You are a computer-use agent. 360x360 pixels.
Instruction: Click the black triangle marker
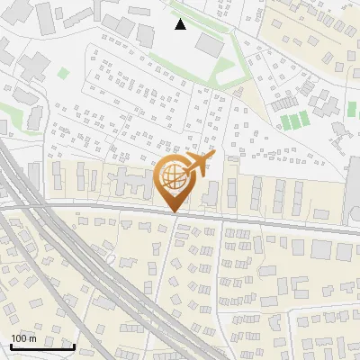[x=181, y=24]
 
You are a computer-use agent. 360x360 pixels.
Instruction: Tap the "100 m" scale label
[x=23, y=338]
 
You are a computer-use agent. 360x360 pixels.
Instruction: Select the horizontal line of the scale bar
[x=41, y=346]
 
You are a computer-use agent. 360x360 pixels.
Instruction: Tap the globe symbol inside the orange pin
[x=173, y=179]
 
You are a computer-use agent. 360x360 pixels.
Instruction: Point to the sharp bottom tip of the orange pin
[x=173, y=212]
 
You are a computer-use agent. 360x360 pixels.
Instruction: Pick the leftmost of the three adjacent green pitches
[x=285, y=121]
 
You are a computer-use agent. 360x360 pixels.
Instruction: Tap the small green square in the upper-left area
[x=63, y=72]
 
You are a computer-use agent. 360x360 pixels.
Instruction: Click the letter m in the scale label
[x=32, y=338]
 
